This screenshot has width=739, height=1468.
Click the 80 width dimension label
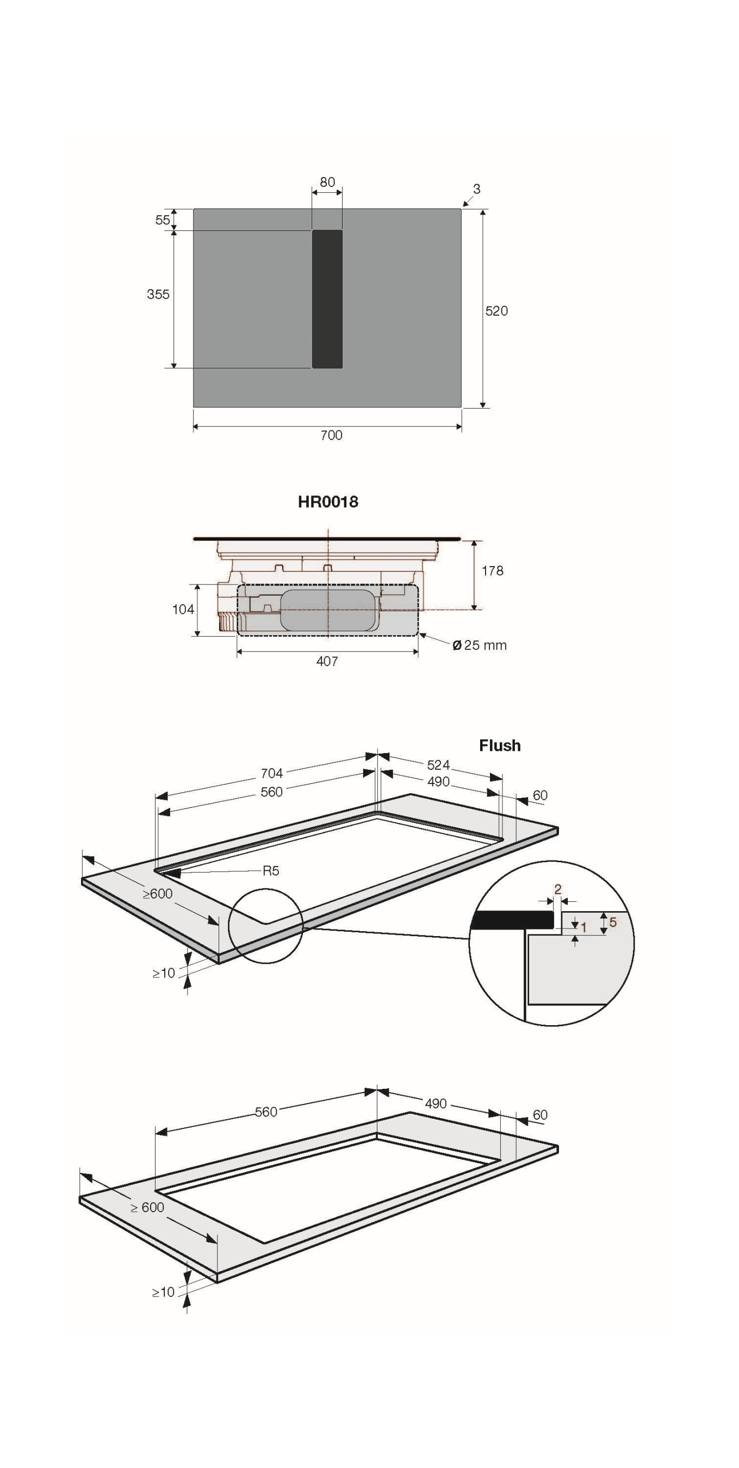click(327, 183)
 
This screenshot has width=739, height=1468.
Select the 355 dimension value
click(158, 294)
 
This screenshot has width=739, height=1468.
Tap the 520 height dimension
click(496, 311)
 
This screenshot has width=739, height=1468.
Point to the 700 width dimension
click(331, 435)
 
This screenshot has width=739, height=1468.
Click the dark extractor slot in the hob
click(327, 299)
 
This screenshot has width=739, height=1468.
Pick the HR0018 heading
click(328, 502)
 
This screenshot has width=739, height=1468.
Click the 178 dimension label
click(493, 570)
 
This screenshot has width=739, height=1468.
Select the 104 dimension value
click(183, 609)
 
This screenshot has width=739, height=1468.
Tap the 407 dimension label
click(327, 661)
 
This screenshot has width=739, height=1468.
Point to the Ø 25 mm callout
click(479, 645)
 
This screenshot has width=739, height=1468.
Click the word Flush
click(500, 745)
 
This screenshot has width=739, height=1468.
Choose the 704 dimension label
click(271, 773)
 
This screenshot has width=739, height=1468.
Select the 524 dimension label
click(438, 765)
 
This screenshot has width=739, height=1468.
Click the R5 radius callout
click(271, 870)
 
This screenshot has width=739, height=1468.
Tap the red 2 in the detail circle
click(558, 888)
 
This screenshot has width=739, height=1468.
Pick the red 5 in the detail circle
click(613, 921)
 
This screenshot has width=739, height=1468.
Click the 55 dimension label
click(163, 220)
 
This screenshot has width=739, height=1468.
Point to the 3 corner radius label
click(477, 189)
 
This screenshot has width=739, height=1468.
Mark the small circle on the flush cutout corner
click(266, 927)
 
